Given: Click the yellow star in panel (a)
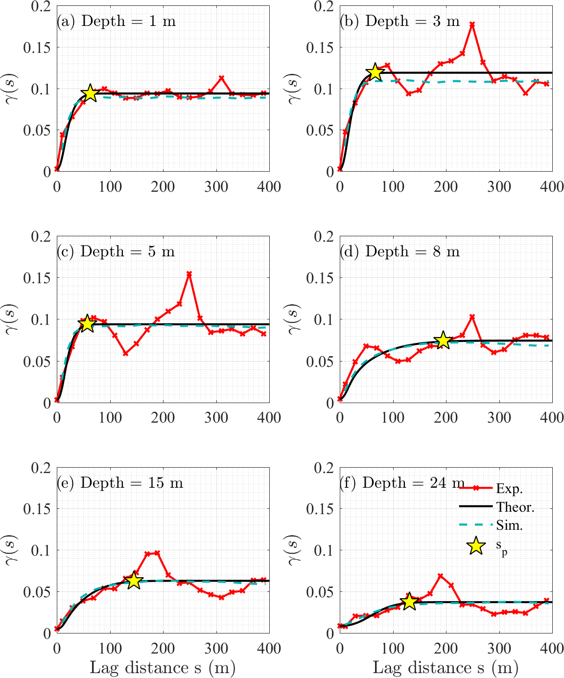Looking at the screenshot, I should (90, 93).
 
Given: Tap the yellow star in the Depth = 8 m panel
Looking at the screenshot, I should (444, 340).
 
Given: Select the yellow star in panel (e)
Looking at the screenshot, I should (134, 581).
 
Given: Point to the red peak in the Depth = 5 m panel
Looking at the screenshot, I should (189, 274).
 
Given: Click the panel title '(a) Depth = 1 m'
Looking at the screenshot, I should (116, 22).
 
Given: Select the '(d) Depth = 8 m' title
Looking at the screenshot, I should (400, 251).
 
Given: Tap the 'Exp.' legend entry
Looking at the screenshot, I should (509, 488).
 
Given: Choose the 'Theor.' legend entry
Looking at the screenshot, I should (515, 507).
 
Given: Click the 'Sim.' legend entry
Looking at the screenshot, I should (509, 525).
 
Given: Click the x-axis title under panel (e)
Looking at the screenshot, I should (163, 668).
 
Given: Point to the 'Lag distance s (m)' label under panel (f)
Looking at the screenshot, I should (446, 668).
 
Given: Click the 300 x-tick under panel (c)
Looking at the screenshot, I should (216, 417).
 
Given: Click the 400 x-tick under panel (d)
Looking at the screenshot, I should (552, 417).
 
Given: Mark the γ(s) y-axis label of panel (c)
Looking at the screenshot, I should (11, 319).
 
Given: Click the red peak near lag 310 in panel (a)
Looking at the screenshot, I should (221, 78).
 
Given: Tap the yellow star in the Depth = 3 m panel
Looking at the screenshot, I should (375, 72).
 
